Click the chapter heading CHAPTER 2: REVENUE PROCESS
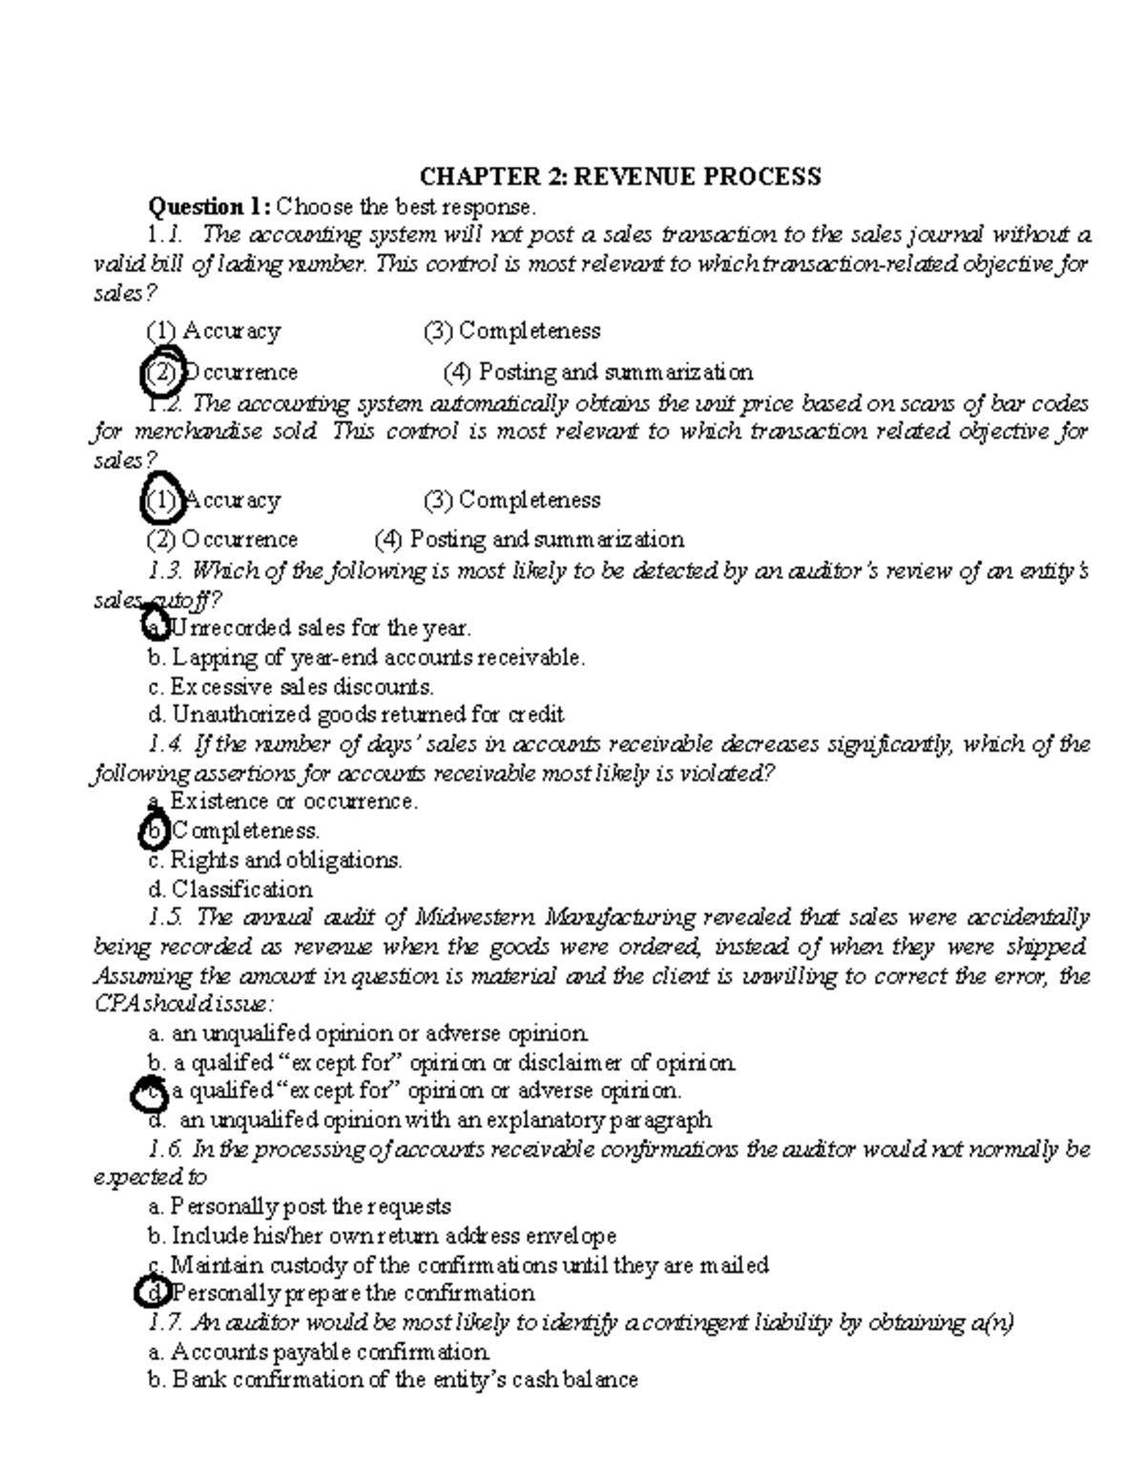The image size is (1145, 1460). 621,177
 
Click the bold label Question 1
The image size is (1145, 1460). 208,206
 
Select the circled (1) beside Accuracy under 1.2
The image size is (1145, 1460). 161,499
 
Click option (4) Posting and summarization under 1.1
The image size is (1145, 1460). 597,371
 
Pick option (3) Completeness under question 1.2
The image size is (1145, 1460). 511,499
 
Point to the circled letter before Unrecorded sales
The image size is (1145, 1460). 154,628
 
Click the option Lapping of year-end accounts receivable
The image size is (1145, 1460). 366,657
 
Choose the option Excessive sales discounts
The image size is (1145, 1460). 291,686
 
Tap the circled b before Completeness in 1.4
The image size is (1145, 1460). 154,831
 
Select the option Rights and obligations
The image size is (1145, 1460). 275,860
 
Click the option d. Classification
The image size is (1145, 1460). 230,889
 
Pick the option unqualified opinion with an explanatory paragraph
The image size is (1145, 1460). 431,1119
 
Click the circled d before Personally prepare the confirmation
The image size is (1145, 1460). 154,1293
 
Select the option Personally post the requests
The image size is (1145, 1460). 300,1206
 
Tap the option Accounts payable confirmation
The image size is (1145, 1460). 320,1351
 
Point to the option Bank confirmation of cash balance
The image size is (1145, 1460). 393,1380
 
